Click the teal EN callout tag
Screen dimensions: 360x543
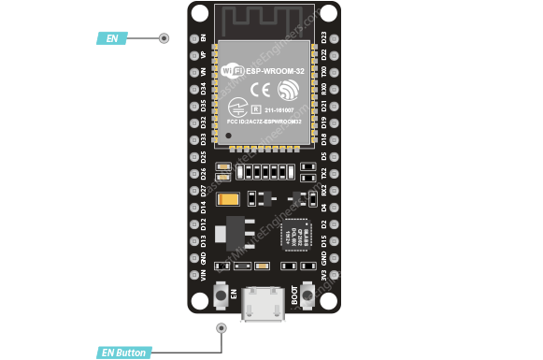pos(111,38)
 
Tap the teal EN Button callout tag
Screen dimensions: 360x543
pos(123,353)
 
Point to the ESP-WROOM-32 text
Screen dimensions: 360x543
pos(278,70)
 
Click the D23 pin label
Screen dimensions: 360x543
pos(324,37)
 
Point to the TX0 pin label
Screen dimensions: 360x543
pos(324,71)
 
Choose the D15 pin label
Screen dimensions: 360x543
pos(324,241)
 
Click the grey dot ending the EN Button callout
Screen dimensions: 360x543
pos(221,327)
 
